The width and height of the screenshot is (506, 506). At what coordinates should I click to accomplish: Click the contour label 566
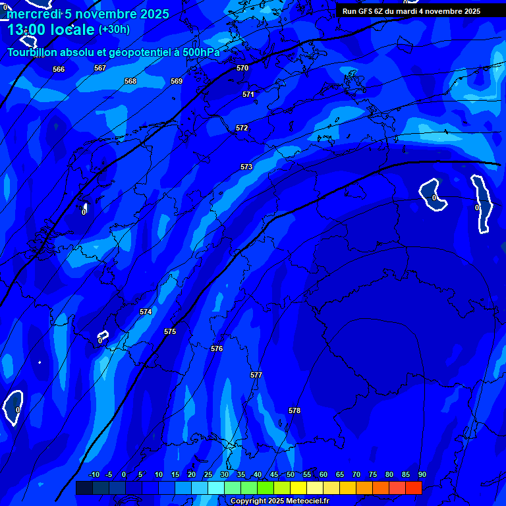coord(59,69)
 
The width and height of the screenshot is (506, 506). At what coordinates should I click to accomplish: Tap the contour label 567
coord(100,68)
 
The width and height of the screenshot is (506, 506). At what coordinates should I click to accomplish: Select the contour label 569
coord(177,81)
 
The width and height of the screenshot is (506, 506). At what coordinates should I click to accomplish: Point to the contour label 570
coord(242,68)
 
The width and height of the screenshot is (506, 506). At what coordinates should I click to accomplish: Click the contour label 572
coord(242,128)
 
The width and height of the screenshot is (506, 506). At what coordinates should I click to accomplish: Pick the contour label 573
coord(246,167)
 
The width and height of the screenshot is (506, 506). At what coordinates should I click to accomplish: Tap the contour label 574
coord(146,312)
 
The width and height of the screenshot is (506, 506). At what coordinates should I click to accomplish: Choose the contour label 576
coord(217,349)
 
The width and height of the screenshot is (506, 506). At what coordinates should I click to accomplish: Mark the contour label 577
coord(256,375)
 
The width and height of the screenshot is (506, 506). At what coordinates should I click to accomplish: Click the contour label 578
coord(295,410)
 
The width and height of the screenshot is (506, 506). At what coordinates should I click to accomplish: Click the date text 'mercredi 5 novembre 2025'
coord(88,14)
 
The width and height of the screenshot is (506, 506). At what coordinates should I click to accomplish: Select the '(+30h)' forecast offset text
coord(114,30)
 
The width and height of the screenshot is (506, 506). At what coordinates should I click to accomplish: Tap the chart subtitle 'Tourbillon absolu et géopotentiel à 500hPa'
coord(113,52)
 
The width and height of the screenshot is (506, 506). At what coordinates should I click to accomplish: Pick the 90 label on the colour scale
coord(422,475)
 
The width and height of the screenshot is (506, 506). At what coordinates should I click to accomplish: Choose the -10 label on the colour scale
coord(94,475)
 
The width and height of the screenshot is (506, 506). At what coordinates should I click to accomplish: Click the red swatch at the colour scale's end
coord(413,488)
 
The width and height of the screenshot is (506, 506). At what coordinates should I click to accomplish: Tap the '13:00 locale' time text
coord(51,30)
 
